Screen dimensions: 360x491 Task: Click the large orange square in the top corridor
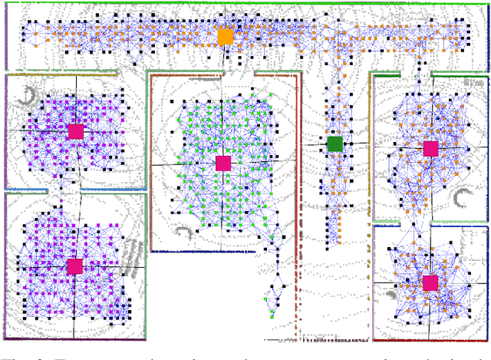[x=225, y=36]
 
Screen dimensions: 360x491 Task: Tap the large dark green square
[x=334, y=144]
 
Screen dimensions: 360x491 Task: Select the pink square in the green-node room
[x=223, y=163]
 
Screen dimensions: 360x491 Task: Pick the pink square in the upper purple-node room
[x=75, y=131]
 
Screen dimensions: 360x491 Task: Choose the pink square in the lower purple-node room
[x=74, y=266]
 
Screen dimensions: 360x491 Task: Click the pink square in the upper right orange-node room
[x=430, y=147]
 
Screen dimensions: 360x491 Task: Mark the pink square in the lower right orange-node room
[x=430, y=282]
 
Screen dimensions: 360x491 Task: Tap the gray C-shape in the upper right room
[x=462, y=200]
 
